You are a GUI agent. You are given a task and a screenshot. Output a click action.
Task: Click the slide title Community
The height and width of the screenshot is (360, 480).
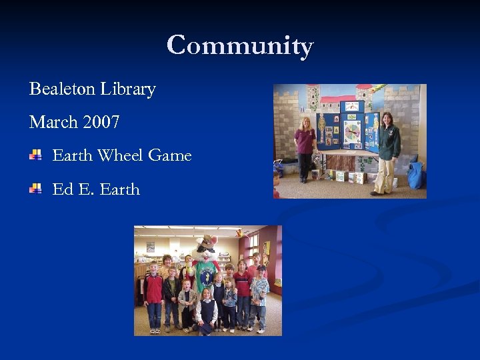240,45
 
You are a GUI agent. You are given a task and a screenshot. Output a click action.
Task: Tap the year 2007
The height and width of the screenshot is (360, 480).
102,122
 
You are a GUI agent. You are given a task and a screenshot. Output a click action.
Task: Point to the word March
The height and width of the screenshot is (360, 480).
53,122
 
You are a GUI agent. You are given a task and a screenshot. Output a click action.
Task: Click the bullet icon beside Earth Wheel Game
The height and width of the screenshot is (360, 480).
35,155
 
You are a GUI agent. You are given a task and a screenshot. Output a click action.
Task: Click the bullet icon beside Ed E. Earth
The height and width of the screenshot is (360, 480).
35,189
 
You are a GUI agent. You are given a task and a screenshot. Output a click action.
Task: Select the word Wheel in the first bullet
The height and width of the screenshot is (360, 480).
121,155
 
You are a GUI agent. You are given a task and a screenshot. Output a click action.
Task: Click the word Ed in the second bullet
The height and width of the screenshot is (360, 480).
62,189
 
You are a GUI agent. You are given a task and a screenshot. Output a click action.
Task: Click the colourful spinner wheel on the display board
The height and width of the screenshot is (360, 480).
353,130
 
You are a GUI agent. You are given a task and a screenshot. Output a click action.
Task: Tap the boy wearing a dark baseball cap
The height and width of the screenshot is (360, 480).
260,293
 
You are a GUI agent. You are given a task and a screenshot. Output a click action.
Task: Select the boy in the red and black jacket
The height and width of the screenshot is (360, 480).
154,293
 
